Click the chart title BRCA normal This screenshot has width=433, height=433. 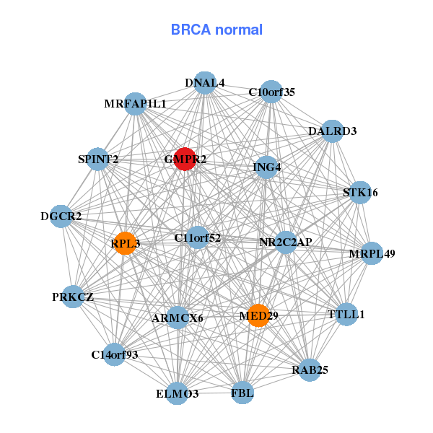[216, 30]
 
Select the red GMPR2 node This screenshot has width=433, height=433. [185, 159]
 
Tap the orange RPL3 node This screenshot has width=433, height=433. [125, 244]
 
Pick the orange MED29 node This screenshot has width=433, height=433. [258, 315]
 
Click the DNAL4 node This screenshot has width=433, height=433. [205, 83]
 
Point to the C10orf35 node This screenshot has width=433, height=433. [271, 92]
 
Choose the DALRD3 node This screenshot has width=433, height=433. [332, 131]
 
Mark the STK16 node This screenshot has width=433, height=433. [360, 193]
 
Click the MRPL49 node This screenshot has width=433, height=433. [372, 254]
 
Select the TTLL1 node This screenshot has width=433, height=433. [347, 315]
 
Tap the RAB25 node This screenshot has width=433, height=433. [310, 370]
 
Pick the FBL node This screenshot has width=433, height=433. [242, 393]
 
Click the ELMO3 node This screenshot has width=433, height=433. [178, 394]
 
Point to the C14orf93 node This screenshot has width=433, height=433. [114, 354]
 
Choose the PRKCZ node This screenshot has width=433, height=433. [73, 297]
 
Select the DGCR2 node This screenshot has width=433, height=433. [61, 216]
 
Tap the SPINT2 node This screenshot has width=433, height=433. [98, 159]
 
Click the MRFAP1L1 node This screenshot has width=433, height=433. [135, 104]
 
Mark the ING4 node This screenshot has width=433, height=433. [267, 167]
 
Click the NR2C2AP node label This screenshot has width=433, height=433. [286, 242]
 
